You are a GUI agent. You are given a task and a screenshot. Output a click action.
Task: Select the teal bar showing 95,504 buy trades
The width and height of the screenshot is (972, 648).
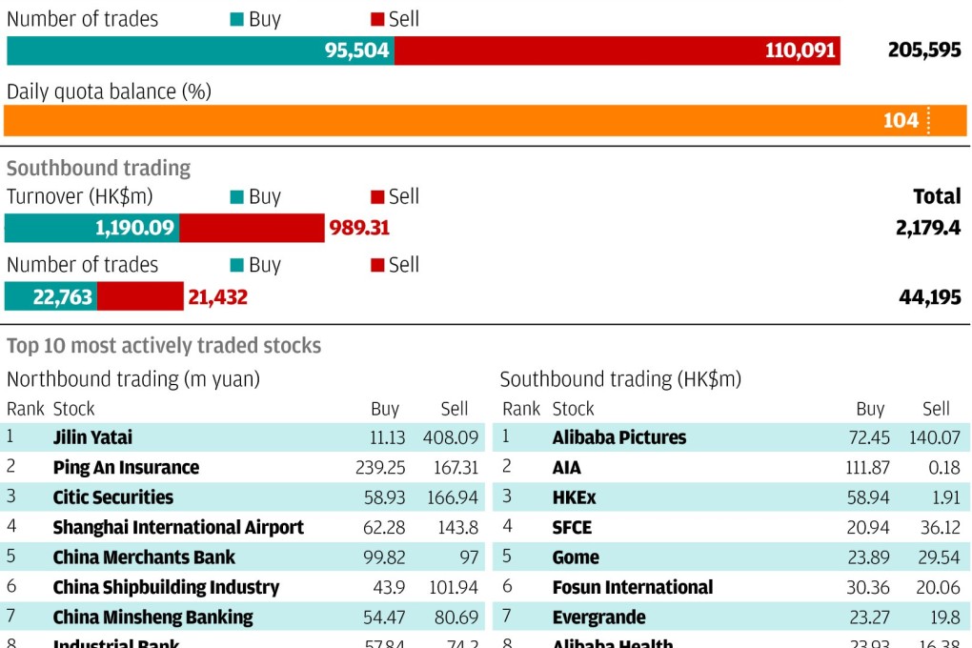(200, 51)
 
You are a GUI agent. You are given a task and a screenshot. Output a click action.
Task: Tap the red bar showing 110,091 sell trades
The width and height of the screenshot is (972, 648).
(617, 51)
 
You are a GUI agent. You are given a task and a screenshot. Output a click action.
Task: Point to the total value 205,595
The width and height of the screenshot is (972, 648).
(923, 51)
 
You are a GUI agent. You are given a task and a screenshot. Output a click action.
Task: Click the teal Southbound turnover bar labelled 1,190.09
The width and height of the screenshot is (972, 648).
(92, 229)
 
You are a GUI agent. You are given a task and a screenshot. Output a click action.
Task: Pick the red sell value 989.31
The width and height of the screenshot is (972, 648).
(359, 229)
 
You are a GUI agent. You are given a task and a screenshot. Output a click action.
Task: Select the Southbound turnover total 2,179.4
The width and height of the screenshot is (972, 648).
(927, 229)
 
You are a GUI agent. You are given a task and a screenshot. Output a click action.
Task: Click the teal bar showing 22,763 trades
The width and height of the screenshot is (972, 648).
(51, 297)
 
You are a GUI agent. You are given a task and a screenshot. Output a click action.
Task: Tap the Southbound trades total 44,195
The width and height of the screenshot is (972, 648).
(929, 297)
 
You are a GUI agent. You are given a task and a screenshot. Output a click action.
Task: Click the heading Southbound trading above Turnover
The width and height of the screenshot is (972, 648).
(98, 169)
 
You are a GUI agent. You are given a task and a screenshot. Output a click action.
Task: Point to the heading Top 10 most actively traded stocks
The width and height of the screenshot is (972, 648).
(164, 346)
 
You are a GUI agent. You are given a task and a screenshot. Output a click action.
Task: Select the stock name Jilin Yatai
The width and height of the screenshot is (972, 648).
(92, 437)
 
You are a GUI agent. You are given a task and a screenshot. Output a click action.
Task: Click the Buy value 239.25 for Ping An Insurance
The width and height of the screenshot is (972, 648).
(378, 468)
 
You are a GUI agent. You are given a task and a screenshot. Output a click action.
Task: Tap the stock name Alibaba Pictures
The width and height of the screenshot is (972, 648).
(618, 437)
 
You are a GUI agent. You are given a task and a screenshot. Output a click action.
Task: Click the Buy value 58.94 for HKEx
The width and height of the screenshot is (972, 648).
(866, 497)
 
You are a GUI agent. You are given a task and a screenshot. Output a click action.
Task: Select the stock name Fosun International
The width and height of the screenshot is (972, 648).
(632, 587)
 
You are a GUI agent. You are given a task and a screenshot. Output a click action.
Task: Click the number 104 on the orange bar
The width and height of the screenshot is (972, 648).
(901, 120)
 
